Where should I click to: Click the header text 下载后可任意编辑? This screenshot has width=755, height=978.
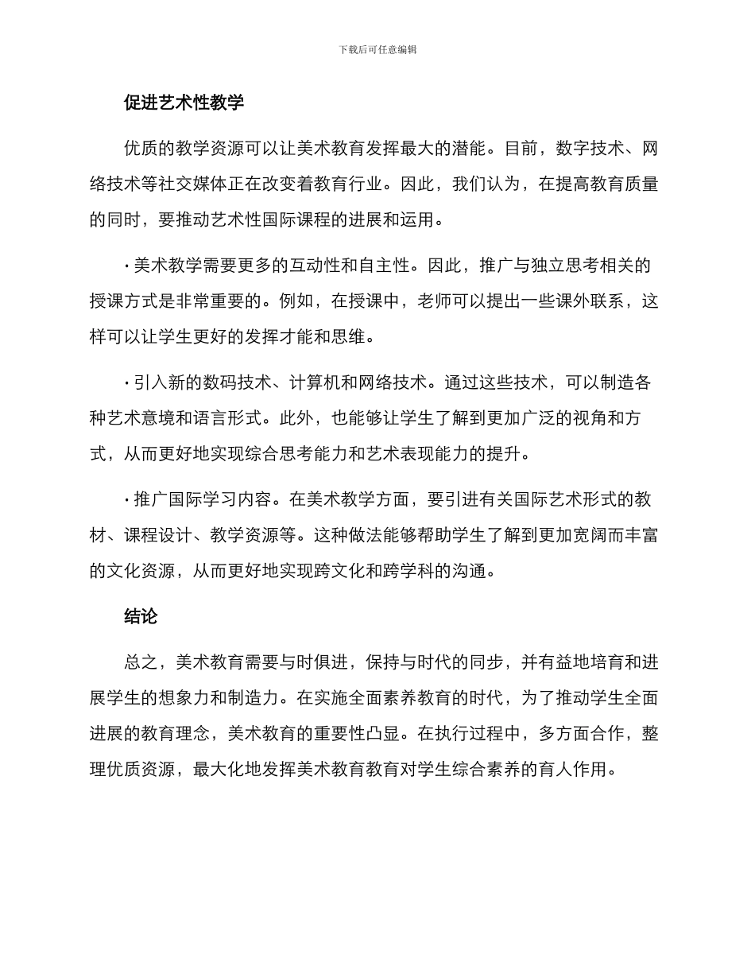click(377, 49)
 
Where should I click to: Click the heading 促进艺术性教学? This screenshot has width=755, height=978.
click(184, 103)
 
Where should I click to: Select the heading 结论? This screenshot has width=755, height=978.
click(141, 616)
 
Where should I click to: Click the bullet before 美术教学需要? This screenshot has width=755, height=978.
click(127, 265)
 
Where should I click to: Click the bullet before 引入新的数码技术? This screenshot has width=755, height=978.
click(127, 382)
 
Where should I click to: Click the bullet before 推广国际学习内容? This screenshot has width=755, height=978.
click(127, 499)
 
